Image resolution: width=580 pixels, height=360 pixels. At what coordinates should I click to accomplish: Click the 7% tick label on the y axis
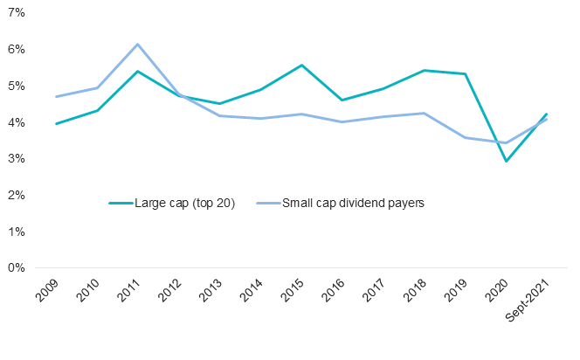16,14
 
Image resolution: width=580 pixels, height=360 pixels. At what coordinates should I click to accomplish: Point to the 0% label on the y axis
16,268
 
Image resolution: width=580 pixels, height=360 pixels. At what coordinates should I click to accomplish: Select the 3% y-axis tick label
16,159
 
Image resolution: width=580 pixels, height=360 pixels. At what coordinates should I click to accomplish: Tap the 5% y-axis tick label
16,87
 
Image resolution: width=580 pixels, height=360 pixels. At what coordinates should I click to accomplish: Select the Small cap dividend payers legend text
353,203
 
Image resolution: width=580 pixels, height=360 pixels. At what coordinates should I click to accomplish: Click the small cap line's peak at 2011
138,45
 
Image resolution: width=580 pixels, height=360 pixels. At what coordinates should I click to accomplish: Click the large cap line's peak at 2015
302,66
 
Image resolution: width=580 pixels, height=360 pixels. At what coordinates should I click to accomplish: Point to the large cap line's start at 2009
56,123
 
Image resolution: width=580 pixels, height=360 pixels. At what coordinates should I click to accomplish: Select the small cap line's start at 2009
56,96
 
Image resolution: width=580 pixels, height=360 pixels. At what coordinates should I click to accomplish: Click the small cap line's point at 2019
466,137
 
